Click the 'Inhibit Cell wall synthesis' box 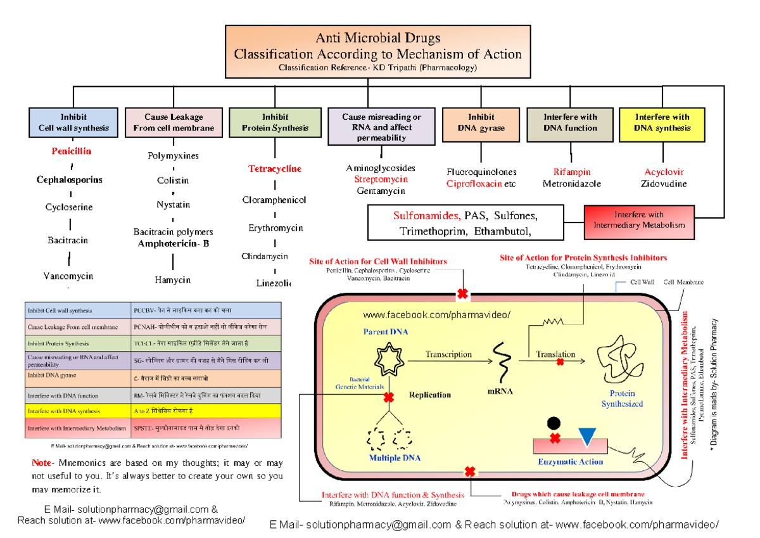pos(73,123)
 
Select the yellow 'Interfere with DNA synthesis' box pos(662,123)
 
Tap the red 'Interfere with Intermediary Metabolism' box pos(638,221)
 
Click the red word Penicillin pos(72,151)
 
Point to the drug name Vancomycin pos(68,276)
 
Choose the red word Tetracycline pos(274,169)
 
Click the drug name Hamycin pos(173,279)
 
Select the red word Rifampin pos(571,172)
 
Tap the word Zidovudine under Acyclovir pos(664,184)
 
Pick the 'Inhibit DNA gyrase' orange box pos(481,123)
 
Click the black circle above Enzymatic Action pos(554,423)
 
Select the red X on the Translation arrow pos(560,362)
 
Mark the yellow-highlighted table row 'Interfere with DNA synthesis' pos(153,411)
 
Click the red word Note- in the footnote pos(43,463)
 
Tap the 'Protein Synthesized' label pos(622,399)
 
